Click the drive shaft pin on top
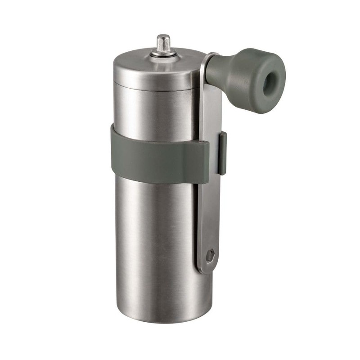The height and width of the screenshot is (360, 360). [x=163, y=43]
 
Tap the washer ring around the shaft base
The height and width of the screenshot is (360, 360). [x=163, y=54]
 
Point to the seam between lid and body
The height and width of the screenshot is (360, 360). [x=153, y=88]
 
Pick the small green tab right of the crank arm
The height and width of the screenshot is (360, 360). [x=222, y=153]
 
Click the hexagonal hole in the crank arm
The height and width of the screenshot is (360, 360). [x=210, y=256]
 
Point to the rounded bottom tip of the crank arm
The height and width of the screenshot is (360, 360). [x=206, y=269]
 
